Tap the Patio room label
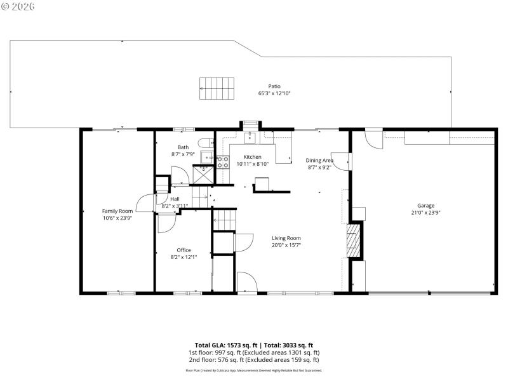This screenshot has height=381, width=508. click(274, 86)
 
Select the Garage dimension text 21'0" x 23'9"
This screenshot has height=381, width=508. click(425, 213)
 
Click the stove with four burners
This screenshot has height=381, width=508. click(222, 162)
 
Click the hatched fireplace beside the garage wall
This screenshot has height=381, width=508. click(354, 240)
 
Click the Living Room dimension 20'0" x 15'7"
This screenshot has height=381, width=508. click(286, 245)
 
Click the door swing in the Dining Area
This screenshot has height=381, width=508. click(342, 162)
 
